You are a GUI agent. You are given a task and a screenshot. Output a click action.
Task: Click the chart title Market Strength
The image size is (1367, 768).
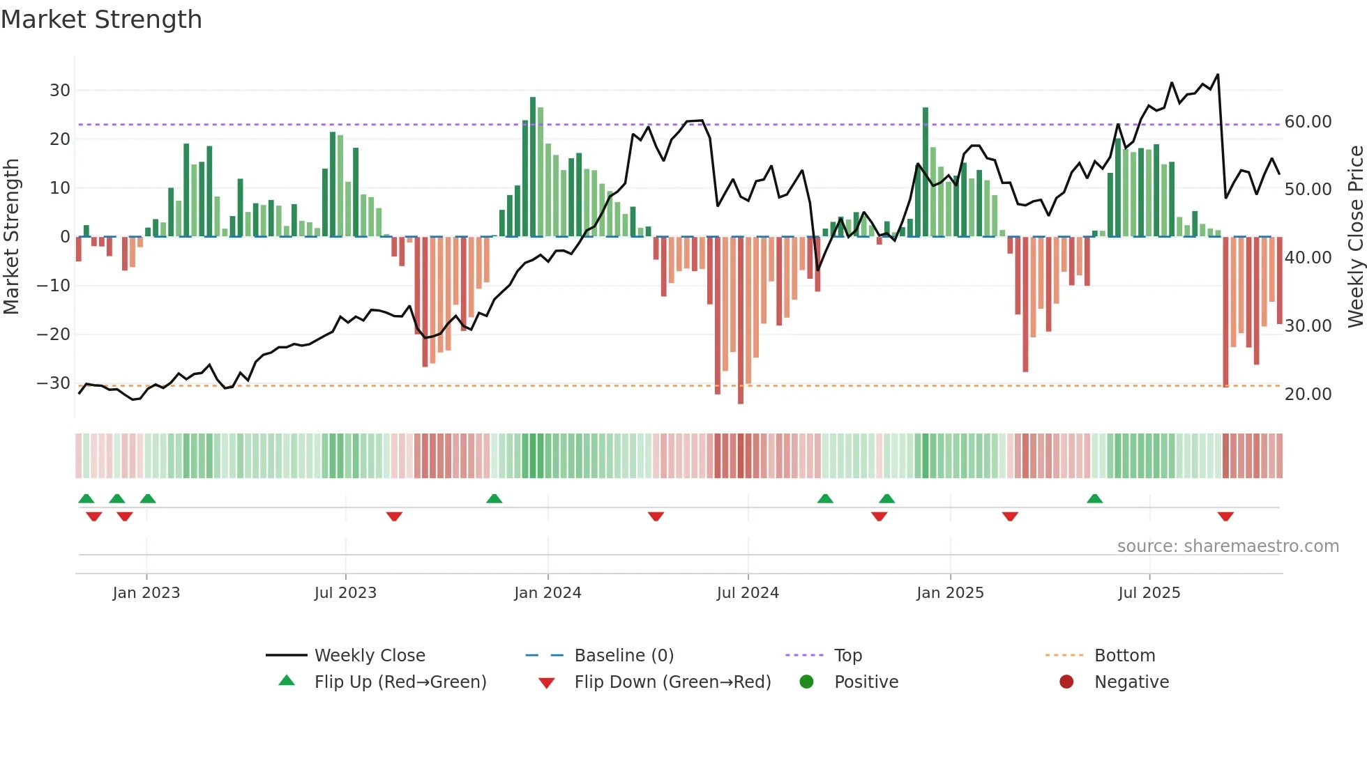101,20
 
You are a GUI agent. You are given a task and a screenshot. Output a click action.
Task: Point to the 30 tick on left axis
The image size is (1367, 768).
59,91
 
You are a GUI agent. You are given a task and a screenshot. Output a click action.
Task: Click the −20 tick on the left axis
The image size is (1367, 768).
53,335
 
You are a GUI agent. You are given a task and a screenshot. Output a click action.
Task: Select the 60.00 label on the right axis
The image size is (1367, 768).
1308,122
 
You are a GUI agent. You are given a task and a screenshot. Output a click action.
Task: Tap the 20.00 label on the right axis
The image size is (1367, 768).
1308,394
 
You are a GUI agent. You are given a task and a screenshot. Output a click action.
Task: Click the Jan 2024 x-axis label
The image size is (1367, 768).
547,593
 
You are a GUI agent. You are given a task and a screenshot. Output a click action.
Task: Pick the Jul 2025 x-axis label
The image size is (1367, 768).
1149,593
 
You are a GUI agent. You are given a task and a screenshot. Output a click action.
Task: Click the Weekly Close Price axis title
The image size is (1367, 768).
1355,237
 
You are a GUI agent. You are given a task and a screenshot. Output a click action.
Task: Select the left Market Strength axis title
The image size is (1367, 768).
11,237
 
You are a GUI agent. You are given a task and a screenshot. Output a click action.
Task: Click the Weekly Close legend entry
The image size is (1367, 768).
369,656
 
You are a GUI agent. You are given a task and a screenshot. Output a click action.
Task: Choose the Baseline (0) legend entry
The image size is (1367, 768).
624,656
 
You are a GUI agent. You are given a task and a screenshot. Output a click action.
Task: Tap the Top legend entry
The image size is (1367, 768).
847,656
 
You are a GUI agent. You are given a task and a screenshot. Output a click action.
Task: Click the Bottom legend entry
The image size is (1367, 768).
1124,656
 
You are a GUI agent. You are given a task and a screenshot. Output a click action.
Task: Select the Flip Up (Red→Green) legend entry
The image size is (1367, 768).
400,682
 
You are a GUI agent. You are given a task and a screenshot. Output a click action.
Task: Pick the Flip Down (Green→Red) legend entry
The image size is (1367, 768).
672,682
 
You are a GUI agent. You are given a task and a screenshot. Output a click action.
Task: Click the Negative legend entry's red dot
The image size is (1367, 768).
1066,682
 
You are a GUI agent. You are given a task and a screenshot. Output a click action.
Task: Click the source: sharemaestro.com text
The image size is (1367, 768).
1228,546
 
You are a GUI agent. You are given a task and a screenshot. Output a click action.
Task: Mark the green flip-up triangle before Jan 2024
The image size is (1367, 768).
494,499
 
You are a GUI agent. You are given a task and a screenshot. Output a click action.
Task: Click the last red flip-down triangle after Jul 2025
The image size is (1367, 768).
1225,516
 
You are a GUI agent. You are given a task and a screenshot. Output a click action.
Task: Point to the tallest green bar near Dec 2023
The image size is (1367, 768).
533,167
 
